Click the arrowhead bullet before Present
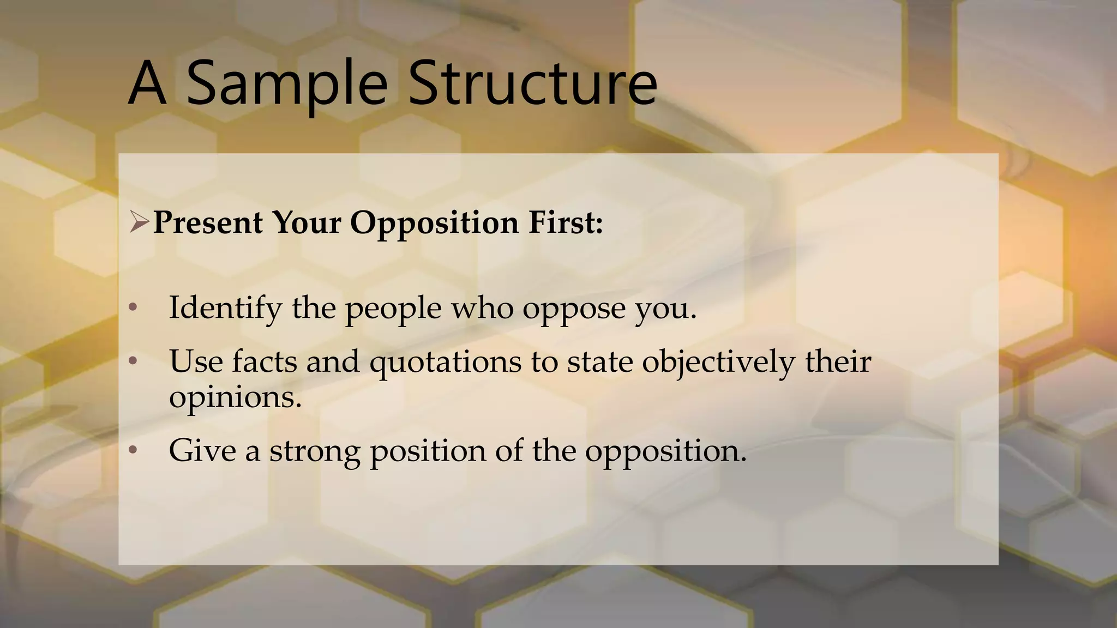click(x=139, y=222)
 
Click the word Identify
click(x=225, y=307)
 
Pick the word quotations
click(x=445, y=362)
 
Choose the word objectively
click(x=718, y=362)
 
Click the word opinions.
click(x=235, y=397)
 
